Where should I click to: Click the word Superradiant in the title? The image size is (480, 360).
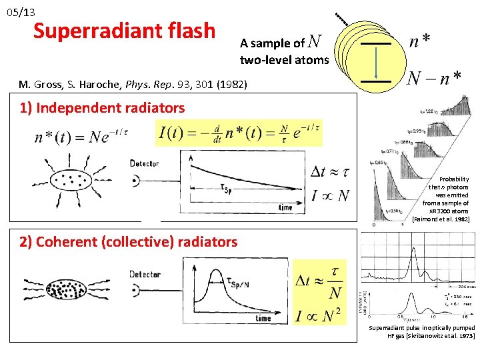coord(83,31)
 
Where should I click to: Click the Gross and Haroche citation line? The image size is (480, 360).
coord(133,85)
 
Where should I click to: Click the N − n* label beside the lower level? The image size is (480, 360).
coord(434,79)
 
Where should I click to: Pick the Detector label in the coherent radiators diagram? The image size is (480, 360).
coord(144,274)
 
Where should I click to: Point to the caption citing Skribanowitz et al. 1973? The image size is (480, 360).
coord(421,331)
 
